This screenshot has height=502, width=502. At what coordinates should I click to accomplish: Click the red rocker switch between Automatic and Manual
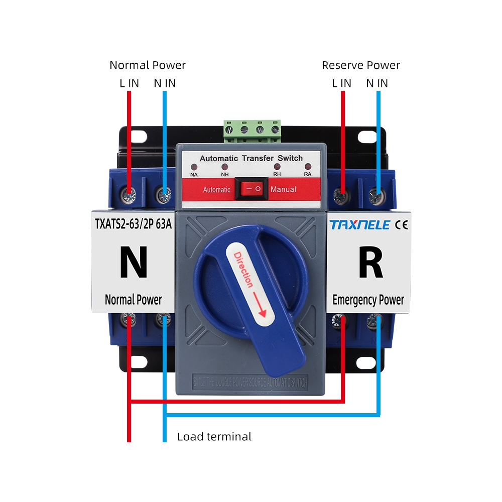[x=252, y=189]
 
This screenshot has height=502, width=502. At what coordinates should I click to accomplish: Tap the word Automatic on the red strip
[x=216, y=190]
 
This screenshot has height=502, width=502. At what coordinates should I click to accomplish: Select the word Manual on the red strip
[x=283, y=190]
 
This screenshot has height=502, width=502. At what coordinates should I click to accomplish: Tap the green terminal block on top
[x=252, y=129]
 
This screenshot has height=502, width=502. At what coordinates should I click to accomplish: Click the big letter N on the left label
[x=134, y=262]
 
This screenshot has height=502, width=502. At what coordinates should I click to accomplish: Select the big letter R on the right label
[x=370, y=262]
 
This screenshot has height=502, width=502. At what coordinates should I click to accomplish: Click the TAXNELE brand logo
[x=359, y=224]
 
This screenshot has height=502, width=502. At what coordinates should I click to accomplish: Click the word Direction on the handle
[x=243, y=270]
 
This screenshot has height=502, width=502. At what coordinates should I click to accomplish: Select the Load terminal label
[x=214, y=437]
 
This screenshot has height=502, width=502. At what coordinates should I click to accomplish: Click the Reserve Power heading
[x=360, y=65]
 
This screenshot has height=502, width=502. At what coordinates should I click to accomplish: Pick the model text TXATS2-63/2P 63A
[x=134, y=224]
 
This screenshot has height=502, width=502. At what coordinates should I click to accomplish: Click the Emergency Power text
[x=368, y=300]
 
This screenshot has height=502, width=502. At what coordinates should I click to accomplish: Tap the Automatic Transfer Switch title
[x=251, y=158]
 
